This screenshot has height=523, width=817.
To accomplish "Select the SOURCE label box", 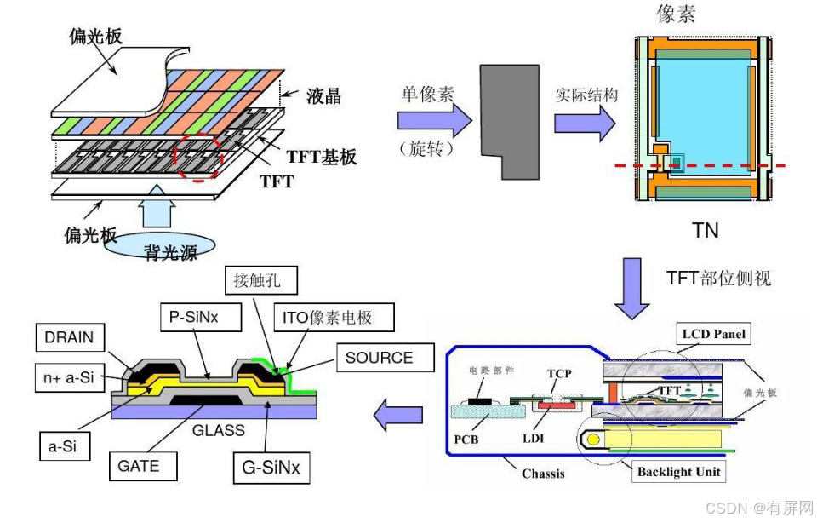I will click(x=378, y=358).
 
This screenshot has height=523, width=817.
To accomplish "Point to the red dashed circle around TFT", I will click(x=197, y=156).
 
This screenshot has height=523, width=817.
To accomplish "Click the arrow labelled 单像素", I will click(x=434, y=120).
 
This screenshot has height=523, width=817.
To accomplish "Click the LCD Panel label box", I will click(x=713, y=335).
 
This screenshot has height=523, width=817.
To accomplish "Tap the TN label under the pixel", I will click(x=705, y=231).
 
